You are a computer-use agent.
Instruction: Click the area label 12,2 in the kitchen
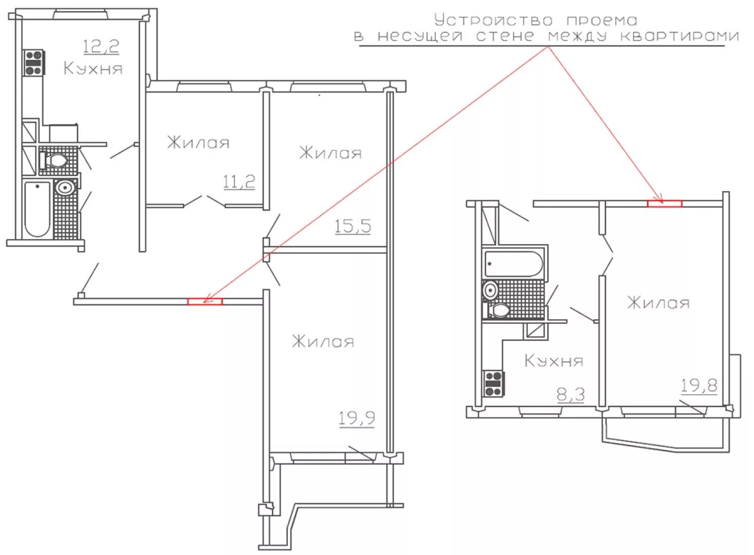point(101,47)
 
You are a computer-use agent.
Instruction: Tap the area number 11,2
point(239,182)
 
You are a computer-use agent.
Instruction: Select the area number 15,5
point(353,226)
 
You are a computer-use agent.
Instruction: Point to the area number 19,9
point(357,418)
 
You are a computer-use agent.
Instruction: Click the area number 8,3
point(571,394)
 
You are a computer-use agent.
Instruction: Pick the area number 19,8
point(699,386)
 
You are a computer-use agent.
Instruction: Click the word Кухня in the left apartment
point(93,68)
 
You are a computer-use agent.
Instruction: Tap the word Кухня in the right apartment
point(554,361)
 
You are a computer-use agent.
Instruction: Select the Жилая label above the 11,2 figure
point(198,142)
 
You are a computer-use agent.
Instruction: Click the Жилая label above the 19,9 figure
point(323,341)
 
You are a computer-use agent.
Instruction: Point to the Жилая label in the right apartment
point(658,303)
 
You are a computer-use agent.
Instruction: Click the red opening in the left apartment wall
point(205,301)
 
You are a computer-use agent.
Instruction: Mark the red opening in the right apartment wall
point(665,203)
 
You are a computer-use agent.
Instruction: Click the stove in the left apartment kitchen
point(33,63)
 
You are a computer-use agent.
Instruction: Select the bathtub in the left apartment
point(38,209)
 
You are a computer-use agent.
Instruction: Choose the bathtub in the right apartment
point(513,264)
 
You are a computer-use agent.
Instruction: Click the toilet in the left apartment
point(53,160)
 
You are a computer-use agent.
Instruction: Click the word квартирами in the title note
point(679,36)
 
